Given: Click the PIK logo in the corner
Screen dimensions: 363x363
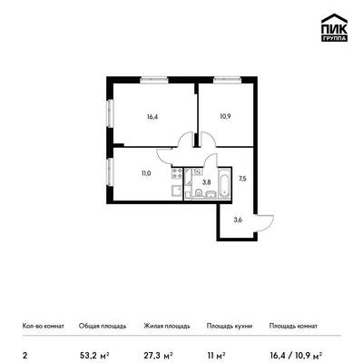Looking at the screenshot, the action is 334,28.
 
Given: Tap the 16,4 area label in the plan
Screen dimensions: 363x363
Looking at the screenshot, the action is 152,117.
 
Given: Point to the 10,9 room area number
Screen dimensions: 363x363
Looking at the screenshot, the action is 225,116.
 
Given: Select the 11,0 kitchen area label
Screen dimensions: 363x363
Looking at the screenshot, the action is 145,173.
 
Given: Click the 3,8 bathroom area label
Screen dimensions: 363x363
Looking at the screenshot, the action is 207,182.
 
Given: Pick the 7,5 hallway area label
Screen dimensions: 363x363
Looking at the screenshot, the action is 242,179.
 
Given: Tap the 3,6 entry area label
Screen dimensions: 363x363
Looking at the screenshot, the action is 238,220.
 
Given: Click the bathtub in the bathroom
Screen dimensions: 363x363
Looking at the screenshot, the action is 224,184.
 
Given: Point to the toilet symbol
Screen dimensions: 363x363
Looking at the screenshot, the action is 199,192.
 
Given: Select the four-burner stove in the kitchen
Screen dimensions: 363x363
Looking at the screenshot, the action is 177,174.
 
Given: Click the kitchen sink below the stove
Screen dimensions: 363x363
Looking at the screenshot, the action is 177,191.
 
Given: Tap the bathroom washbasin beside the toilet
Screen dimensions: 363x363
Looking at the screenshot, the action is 211,194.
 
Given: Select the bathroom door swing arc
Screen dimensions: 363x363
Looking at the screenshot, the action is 210,160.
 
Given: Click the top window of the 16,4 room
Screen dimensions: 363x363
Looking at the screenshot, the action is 154,80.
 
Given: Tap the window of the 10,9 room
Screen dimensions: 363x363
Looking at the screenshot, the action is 227,80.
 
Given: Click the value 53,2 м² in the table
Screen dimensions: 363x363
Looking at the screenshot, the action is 94,355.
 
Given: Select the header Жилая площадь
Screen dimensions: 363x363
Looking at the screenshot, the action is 167,326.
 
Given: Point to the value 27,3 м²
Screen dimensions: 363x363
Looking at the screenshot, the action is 158,355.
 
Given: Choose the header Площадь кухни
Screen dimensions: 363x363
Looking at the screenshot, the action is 230,326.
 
